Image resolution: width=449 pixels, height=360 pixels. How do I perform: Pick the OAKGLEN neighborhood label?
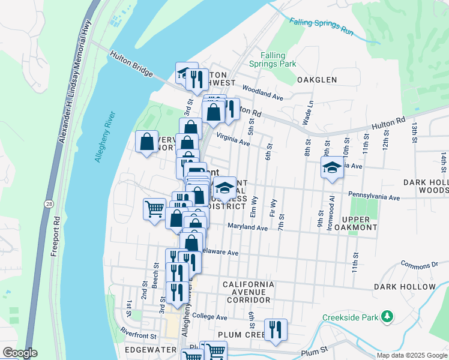316,79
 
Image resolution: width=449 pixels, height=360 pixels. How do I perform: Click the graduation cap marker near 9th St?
331,167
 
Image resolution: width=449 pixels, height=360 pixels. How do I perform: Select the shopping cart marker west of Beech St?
154,209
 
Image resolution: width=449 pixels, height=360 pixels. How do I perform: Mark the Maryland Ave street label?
247,227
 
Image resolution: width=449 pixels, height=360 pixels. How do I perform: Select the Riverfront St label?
138,331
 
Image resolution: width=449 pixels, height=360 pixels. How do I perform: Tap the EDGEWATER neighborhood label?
149,349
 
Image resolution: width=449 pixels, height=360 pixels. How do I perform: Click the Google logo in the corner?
19,353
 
